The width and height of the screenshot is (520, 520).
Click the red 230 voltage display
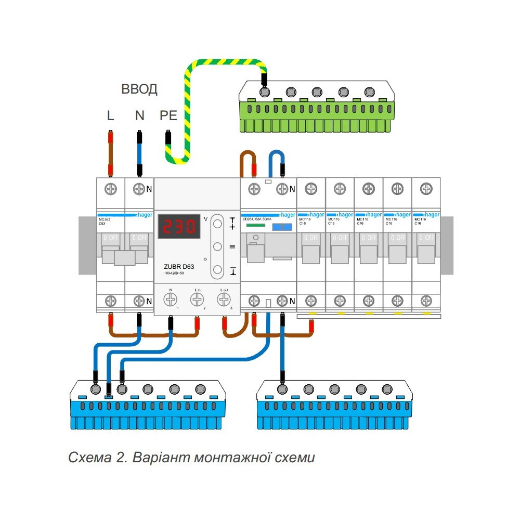pos(179,226)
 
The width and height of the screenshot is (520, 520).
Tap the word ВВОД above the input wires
pos(139,89)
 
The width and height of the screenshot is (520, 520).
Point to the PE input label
pos(168,115)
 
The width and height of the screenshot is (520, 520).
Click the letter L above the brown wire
pos(110,115)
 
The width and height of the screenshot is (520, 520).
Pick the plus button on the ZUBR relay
pos(218,224)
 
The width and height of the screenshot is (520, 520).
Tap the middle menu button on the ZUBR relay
pos(218,246)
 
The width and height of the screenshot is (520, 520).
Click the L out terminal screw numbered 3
pos(224,299)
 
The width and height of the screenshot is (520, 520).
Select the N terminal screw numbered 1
pos(170,299)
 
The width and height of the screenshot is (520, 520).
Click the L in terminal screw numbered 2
pos(197,299)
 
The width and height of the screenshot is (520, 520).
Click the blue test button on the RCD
pos(282,227)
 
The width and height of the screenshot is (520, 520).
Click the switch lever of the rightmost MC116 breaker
pos(426,253)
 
